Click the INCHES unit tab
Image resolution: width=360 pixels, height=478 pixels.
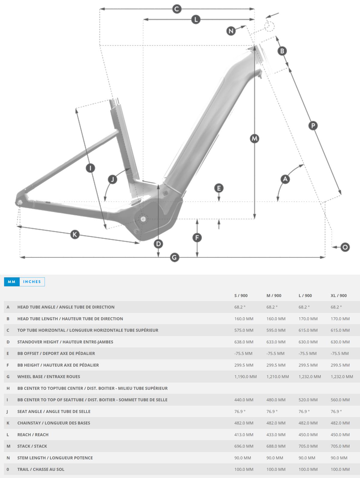[x=32, y=282]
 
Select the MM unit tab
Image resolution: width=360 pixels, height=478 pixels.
[x=12, y=282]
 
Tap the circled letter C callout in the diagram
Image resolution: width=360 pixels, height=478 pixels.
[x=177, y=9]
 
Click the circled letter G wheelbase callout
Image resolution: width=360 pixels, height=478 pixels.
[x=174, y=257]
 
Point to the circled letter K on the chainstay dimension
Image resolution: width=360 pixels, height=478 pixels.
[x=75, y=234]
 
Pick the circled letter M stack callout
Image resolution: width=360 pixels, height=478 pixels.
[x=254, y=139]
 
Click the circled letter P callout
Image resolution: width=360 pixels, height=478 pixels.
[x=313, y=125]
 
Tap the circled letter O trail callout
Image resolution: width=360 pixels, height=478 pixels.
[x=345, y=247]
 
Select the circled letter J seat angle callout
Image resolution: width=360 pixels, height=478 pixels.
[x=112, y=179]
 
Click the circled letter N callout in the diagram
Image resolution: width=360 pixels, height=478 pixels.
[x=231, y=31]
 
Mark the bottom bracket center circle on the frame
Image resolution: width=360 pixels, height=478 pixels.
[x=143, y=219]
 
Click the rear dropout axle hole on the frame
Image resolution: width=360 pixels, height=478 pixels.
[x=20, y=202]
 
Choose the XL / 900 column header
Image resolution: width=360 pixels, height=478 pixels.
[x=338, y=295]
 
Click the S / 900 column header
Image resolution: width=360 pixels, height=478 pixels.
[x=241, y=295]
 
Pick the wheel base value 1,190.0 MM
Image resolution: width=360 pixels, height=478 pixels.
[x=245, y=376]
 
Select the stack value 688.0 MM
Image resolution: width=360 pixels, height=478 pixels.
[x=276, y=446]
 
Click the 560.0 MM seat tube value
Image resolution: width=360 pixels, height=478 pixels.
[x=340, y=399]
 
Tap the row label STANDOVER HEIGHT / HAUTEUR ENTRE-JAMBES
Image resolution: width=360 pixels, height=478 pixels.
[x=65, y=342]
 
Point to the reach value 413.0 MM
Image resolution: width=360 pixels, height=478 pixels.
[x=244, y=434]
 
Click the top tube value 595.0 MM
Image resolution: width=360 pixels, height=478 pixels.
[x=276, y=330]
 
